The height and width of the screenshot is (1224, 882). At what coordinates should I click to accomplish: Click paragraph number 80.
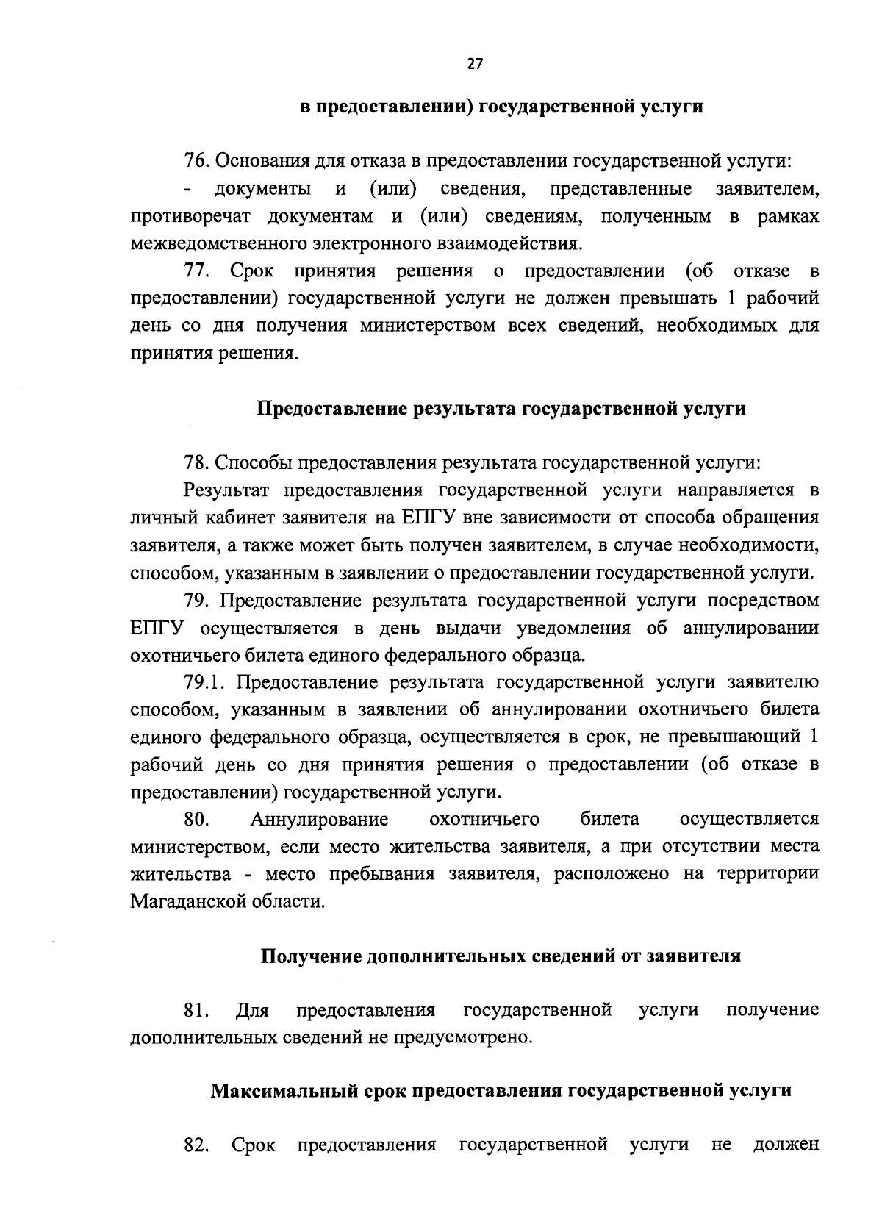197,819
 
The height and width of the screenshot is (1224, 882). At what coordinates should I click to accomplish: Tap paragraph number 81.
196,1010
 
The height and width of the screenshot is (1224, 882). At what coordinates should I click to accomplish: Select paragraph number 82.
197,1145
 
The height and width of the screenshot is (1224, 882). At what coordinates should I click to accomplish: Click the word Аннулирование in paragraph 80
319,819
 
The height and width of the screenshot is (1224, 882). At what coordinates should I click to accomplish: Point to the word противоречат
191,217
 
